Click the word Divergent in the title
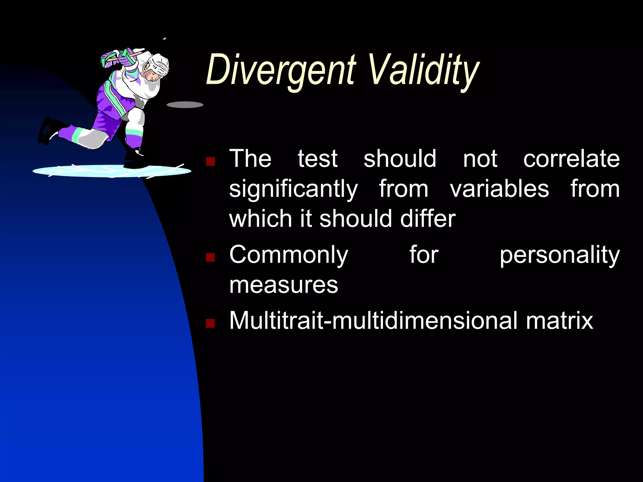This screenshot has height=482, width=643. coord(281,71)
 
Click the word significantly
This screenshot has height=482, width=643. coord(293,190)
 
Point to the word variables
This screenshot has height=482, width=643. coord(499,189)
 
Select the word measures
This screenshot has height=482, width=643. coord(284,285)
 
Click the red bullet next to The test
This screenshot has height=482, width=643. coord(210,162)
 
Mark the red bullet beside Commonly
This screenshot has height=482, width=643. coord(210,258)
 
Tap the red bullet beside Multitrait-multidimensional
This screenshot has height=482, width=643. coord(210,323)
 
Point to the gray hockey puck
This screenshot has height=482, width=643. coord(185,105)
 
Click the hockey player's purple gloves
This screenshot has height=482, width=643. coord(110,59)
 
